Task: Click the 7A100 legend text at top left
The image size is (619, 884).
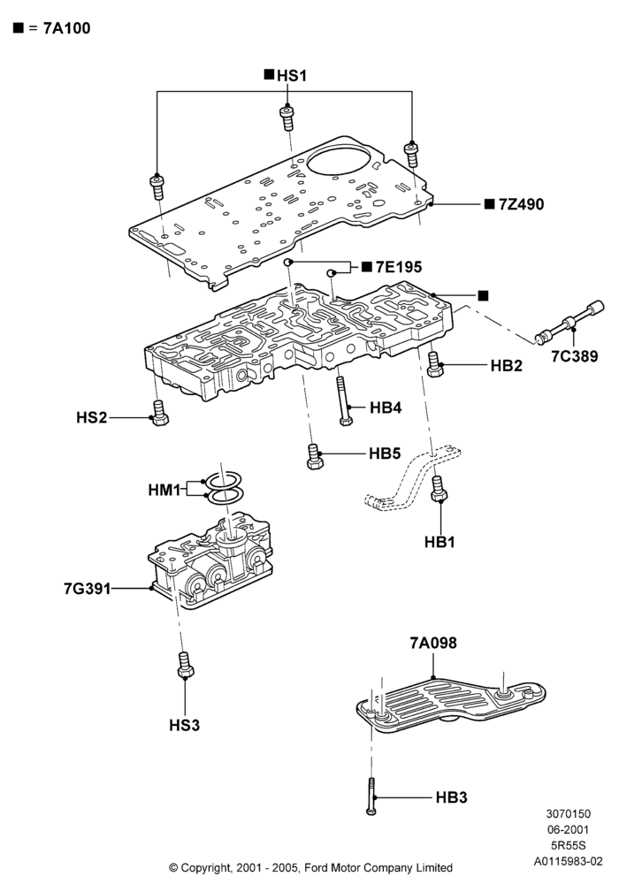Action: click(x=67, y=28)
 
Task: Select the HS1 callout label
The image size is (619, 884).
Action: click(x=292, y=75)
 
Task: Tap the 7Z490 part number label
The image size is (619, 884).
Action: click(x=522, y=204)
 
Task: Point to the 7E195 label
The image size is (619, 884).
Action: click(x=399, y=267)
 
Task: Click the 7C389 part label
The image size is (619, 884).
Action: click(x=575, y=356)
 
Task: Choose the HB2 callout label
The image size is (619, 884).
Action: click(x=506, y=365)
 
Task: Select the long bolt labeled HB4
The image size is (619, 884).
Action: click(x=343, y=400)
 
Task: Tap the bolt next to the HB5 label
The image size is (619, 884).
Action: click(x=315, y=456)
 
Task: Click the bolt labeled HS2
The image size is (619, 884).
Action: click(x=159, y=413)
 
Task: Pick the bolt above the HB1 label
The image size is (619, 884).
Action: click(x=438, y=488)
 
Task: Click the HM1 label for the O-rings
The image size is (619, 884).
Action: click(x=164, y=490)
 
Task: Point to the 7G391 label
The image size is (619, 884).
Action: click(x=88, y=589)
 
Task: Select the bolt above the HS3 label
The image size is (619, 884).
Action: click(x=185, y=665)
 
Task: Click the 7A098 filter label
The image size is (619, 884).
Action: click(x=433, y=643)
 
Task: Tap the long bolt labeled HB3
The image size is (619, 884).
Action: click(x=371, y=796)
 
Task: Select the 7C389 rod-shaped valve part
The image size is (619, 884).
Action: click(x=569, y=323)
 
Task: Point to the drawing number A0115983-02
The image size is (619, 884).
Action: click(x=569, y=861)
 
